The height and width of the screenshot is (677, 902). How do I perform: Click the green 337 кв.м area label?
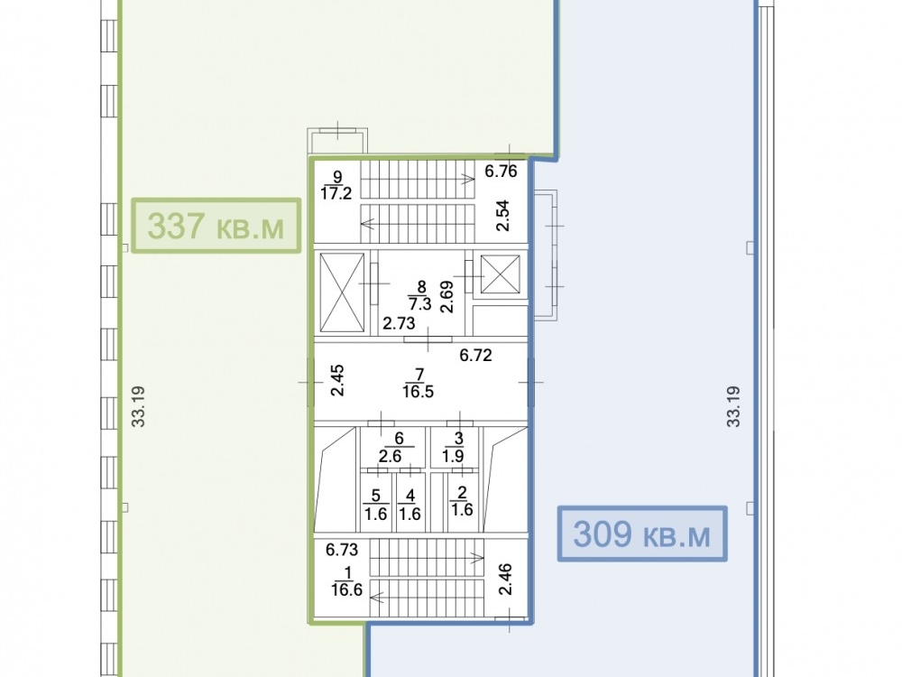[x=216, y=225]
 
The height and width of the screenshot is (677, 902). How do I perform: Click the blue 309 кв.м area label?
[x=642, y=533]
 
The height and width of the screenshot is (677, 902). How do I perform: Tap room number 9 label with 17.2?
[x=336, y=185]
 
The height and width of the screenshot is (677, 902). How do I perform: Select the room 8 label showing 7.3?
[x=420, y=295]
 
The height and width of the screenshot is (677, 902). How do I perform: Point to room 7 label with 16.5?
[x=419, y=384]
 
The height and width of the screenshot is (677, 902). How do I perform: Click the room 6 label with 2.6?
[x=391, y=448]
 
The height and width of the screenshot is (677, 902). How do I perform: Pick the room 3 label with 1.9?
[x=454, y=448]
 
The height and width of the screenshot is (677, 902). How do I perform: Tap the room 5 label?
[x=375, y=505]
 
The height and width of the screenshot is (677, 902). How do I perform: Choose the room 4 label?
[x=410, y=505]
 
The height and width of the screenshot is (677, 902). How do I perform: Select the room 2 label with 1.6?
[x=461, y=501]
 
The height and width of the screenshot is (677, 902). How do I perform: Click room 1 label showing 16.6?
[x=347, y=581]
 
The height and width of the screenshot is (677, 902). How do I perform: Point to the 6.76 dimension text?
[x=501, y=171]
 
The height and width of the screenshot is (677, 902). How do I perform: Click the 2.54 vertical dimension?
[x=503, y=216]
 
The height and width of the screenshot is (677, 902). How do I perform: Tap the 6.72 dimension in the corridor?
[x=475, y=355]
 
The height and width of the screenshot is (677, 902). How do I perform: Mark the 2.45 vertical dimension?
[x=337, y=380]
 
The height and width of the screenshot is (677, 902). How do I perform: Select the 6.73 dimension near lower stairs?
[x=342, y=550]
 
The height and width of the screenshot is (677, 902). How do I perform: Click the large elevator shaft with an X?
[x=342, y=293]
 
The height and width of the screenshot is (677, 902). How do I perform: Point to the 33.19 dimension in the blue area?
[x=733, y=406]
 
